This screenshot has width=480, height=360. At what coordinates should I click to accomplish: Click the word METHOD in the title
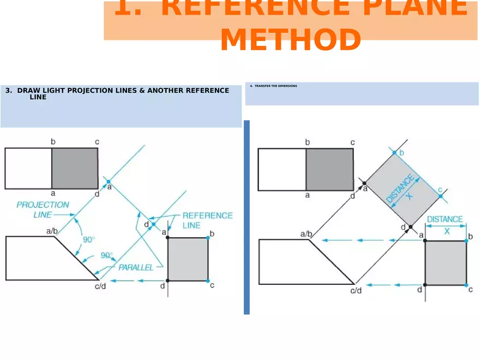pos(290,40)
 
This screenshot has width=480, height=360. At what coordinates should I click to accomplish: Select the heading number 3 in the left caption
pos(8,91)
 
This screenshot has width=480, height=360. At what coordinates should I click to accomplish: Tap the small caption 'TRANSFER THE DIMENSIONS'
pos(275,86)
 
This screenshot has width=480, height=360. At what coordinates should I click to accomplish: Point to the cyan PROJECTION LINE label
pos(43,209)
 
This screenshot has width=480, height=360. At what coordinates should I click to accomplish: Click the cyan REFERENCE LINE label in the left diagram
pos(207,220)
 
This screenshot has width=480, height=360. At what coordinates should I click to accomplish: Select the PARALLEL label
pos(136,267)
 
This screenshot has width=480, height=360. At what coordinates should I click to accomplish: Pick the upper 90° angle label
pos(88,239)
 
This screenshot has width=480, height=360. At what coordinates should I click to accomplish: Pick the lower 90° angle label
pos(106,255)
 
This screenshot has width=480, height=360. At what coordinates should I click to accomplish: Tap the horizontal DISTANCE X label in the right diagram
pos(445,225)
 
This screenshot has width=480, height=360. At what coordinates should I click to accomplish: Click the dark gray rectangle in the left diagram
pos(75,168)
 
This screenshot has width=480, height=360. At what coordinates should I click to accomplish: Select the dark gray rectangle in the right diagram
pos(329,169)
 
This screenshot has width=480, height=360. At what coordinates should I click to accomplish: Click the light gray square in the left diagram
pos(188,259)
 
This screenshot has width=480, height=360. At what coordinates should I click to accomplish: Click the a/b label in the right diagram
pos(307,234)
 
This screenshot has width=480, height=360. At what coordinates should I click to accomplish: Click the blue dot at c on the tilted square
pos(440,196)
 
